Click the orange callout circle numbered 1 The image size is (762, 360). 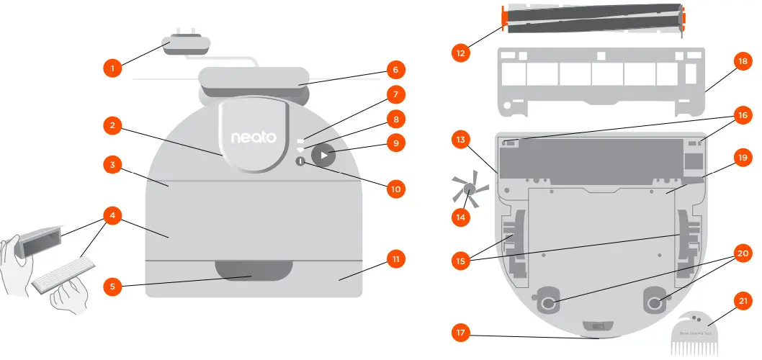tap(111, 68)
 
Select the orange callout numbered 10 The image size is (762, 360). tap(395, 189)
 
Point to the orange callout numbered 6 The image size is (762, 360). tap(394, 70)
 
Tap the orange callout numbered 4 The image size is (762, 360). tap(111, 215)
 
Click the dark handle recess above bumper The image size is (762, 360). tap(253, 271)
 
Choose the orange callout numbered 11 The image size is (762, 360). tap(395, 258)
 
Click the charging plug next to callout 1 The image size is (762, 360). tap(187, 43)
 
